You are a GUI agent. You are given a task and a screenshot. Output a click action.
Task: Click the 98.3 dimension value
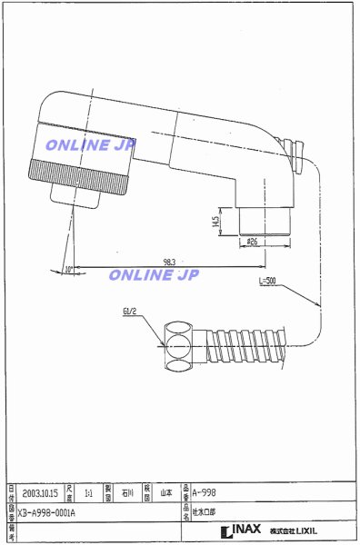pyautogui.click(x=169, y=262)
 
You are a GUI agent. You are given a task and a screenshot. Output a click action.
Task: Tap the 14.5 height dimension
pyautogui.click(x=215, y=221)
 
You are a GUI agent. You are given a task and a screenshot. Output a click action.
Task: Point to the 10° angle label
pyautogui.click(x=69, y=268)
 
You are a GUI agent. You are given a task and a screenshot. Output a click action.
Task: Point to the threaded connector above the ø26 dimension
pyautogui.click(x=265, y=219)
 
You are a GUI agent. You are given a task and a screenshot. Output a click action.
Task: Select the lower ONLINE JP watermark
pyautogui.click(x=154, y=275)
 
